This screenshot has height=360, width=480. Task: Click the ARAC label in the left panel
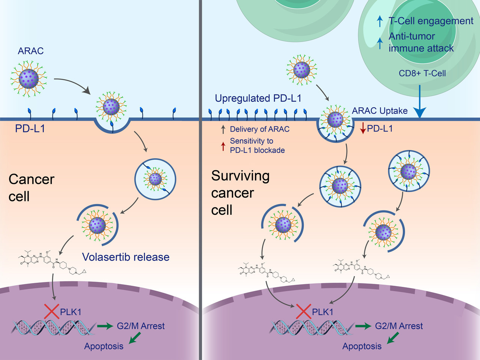(31, 51)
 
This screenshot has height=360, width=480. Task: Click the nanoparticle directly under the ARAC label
(29, 79)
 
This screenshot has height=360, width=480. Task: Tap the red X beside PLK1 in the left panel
(52, 311)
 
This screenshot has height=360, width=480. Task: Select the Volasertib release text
(126, 257)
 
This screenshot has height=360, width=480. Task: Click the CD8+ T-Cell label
(422, 73)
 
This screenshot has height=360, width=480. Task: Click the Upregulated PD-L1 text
(258, 98)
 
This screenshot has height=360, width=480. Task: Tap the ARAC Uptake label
(379, 111)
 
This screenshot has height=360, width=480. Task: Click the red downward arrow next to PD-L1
(363, 128)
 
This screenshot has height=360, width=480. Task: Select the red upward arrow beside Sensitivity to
(223, 146)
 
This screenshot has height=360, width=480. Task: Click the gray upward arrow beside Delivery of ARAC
(223, 129)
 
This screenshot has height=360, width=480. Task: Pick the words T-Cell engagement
(431, 21)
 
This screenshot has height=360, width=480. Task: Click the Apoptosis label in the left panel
(103, 346)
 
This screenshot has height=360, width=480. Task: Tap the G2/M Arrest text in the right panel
(399, 326)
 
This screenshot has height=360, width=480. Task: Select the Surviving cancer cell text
(240, 193)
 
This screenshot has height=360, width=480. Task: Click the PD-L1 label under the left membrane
(30, 129)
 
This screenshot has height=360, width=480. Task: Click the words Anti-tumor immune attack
(421, 42)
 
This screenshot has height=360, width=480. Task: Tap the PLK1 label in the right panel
(322, 312)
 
